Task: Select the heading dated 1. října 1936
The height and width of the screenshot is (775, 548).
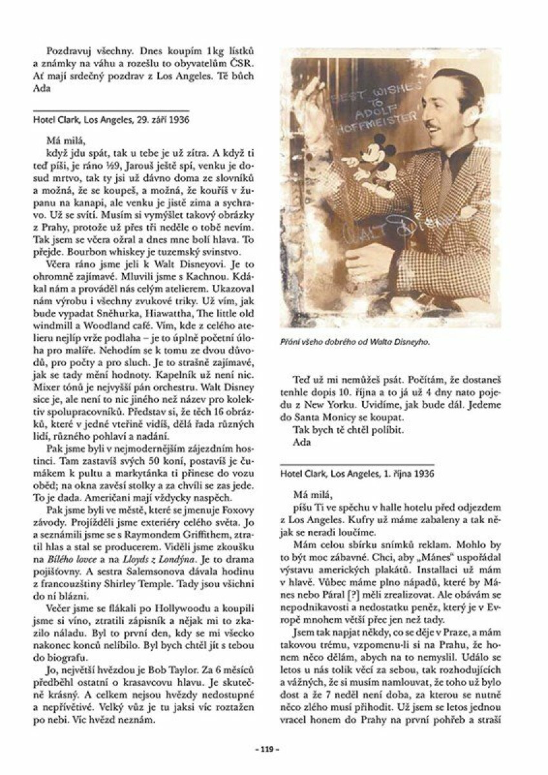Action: pyautogui.click(x=357, y=473)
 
